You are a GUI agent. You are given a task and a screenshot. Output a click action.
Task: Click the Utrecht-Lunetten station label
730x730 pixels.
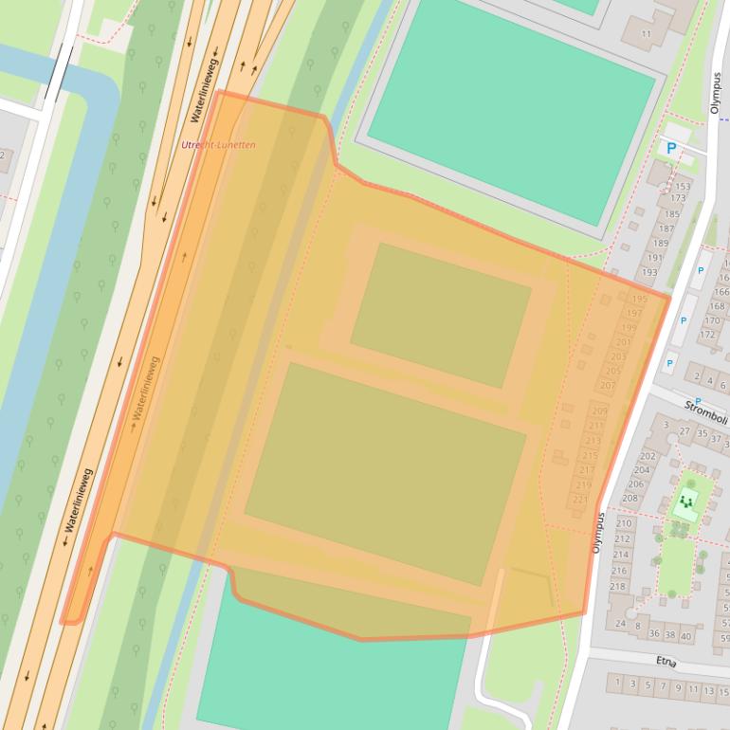point(218,145)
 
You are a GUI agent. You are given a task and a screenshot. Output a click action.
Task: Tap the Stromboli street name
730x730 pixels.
point(705,413)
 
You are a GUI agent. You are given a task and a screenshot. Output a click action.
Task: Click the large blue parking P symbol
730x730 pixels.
point(672,148)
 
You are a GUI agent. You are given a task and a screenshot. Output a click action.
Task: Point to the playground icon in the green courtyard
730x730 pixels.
point(686,502)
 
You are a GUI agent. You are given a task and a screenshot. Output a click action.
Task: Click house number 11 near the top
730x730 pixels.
point(647,33)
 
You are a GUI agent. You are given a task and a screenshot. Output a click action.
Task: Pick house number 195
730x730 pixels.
point(639,300)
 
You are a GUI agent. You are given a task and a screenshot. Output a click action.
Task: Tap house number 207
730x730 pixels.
point(608,386)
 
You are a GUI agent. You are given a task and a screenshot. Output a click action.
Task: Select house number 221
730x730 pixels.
point(580,499)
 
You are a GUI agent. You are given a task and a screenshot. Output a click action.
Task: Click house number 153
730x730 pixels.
point(683,187)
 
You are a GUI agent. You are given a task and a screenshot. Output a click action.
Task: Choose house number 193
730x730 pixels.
point(649,272)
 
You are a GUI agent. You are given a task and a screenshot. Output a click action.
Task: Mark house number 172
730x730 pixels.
point(707,334)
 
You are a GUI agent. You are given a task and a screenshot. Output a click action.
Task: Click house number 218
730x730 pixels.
point(617,586)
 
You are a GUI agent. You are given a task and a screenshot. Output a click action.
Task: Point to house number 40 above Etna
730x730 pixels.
point(685,635)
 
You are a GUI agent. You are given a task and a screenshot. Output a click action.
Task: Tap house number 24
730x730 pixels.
point(620,623)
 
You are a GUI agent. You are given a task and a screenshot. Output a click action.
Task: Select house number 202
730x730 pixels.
point(648,456)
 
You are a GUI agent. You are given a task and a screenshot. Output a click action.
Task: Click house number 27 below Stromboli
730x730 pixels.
point(684,430)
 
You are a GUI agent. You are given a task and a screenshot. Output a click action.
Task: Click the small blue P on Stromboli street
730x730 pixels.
point(698,401)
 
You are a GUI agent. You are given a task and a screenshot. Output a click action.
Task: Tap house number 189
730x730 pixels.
point(660,243)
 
